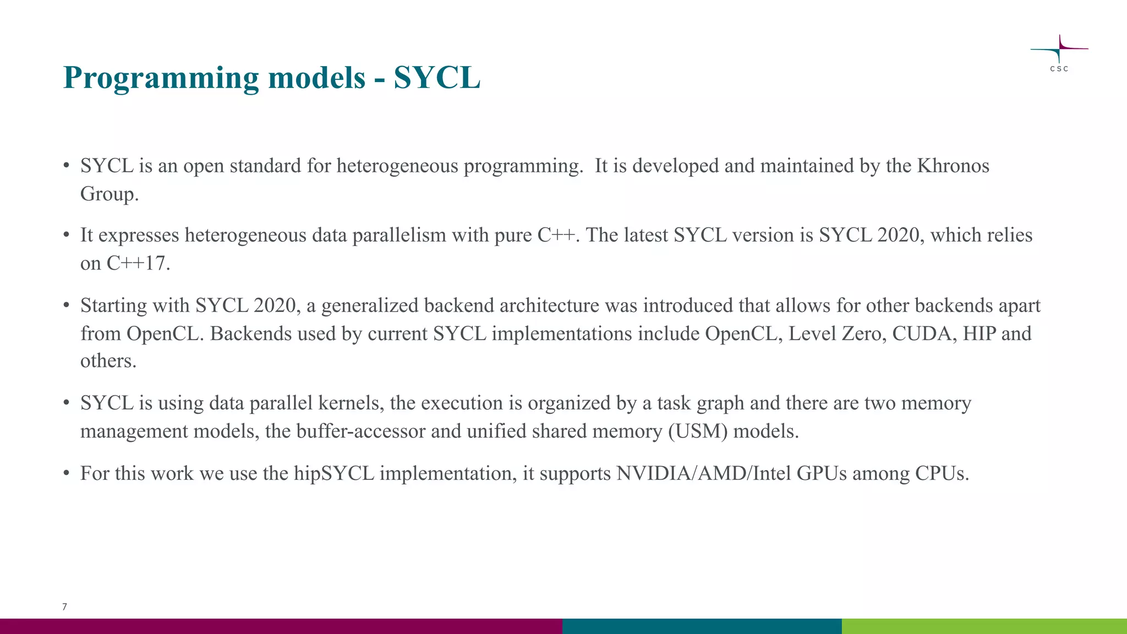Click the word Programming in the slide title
[x=161, y=78]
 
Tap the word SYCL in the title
[x=437, y=78]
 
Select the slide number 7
[x=64, y=606]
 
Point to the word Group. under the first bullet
[x=109, y=194]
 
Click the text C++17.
[x=138, y=263]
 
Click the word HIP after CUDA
[x=979, y=334]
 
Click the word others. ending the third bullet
[x=108, y=361]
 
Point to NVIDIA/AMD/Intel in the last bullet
[x=703, y=473]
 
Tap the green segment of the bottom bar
[x=984, y=626]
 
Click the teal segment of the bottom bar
[x=702, y=626]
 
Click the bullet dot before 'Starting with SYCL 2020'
[x=66, y=305]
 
